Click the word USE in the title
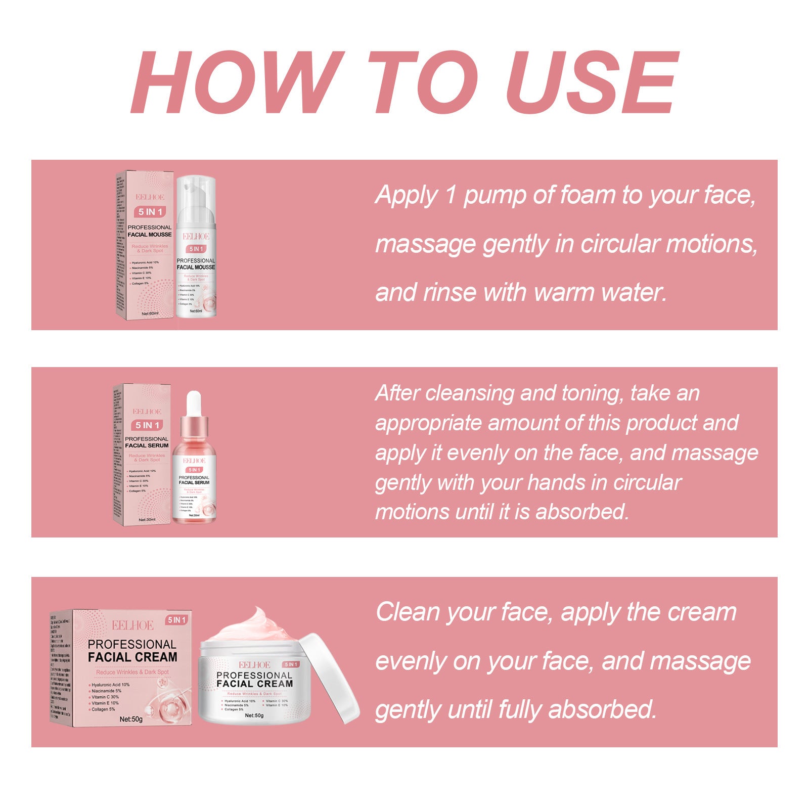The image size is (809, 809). coord(592,82)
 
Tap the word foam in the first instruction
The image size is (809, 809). coord(586,195)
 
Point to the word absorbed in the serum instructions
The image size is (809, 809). coord(582,512)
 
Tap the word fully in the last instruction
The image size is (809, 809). coord(520,710)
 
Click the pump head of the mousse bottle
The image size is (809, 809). coord(195,192)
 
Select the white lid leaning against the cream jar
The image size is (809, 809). coord(331,678)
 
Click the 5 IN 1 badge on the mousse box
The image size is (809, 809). coord(150,212)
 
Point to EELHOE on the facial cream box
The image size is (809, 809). coord(132,625)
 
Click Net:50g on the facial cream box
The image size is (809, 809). coord(131,719)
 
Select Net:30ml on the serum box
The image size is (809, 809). coord(147,519)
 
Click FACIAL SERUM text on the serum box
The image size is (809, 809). coord(147,445)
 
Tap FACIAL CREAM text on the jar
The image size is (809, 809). coord(255,684)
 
